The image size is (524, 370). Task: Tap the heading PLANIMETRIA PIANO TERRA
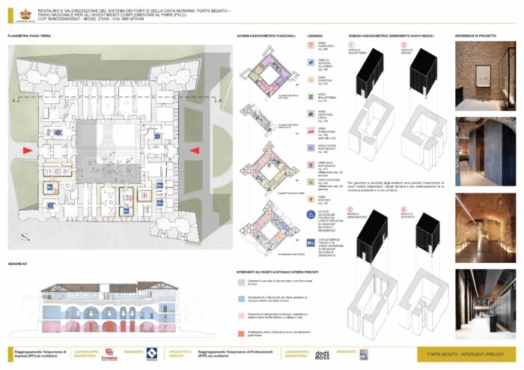(31, 36)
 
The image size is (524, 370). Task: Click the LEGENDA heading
(315, 36)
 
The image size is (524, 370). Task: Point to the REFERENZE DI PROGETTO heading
(475, 36)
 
